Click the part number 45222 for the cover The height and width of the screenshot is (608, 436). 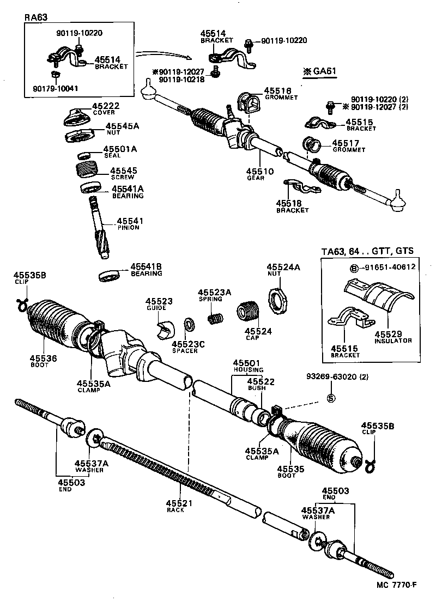pyautogui.click(x=105, y=105)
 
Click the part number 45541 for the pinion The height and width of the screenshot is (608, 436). pyautogui.click(x=128, y=221)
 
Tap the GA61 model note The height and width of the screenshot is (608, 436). pyautogui.click(x=320, y=71)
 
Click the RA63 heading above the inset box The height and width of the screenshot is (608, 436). pyautogui.click(x=37, y=17)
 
